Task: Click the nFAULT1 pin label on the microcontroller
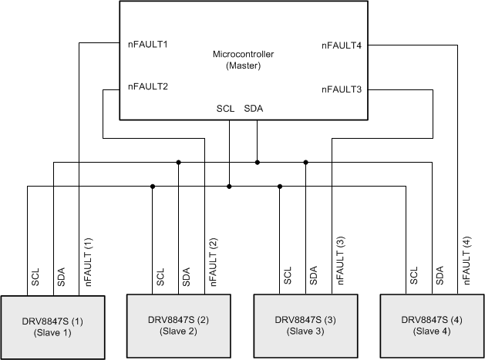click(148, 44)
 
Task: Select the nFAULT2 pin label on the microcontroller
click(148, 86)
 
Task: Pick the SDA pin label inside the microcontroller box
click(254, 109)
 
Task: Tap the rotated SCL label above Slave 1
click(35, 278)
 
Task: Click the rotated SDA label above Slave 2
click(186, 278)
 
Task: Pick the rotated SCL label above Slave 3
click(288, 278)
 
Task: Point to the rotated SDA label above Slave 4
click(440, 278)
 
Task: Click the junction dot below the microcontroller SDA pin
click(257, 162)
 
